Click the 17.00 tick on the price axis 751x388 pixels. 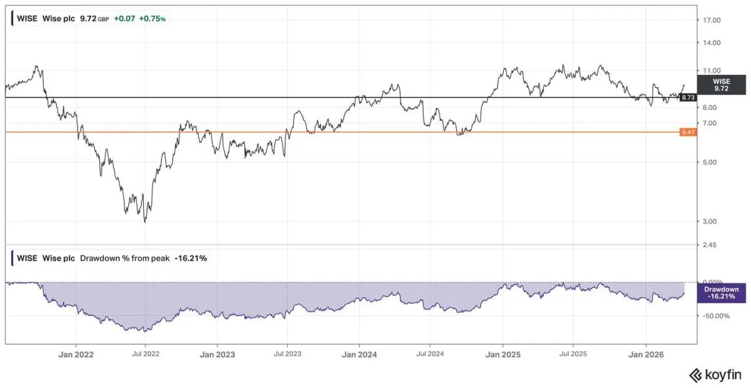(713, 21)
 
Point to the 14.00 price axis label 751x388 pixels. (713, 43)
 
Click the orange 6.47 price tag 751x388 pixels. (688, 132)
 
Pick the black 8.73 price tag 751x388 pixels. (688, 98)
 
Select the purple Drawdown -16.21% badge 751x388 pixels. (721, 293)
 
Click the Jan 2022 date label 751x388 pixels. (76, 354)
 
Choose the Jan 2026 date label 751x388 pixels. (645, 354)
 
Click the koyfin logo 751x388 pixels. (715, 375)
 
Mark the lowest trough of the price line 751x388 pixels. (145, 222)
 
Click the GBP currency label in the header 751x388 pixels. (103, 19)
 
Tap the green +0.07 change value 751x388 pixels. (125, 19)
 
